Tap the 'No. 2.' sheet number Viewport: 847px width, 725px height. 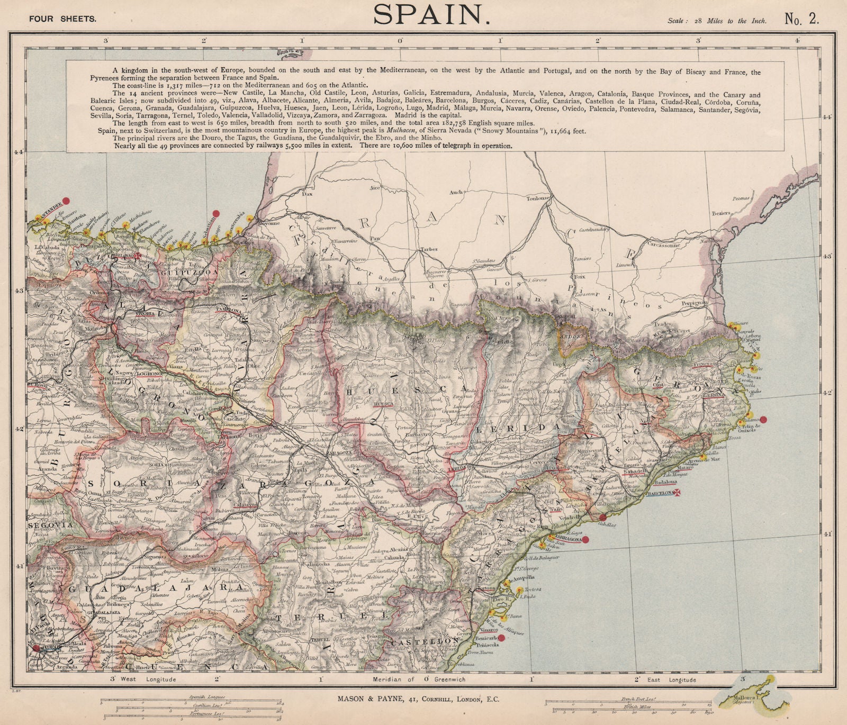point(801,20)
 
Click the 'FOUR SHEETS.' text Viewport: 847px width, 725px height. point(62,19)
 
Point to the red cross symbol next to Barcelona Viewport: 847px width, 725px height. point(676,493)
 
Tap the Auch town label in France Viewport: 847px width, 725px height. point(455,193)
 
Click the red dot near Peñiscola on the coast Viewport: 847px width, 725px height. point(501,638)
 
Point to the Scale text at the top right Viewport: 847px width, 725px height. point(715,21)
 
